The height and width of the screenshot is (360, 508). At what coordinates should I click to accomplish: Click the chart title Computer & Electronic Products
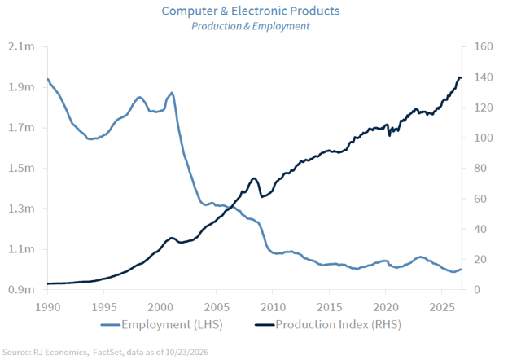coord(251,11)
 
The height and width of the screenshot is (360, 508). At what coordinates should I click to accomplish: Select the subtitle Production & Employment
coord(251,26)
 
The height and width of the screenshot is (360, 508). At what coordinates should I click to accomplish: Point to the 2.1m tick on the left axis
coord(21,46)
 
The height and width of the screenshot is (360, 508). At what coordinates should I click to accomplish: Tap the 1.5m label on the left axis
coord(21,168)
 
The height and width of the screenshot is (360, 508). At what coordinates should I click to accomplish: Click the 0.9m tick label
coord(21,289)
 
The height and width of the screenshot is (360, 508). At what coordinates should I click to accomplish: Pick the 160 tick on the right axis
coord(484,46)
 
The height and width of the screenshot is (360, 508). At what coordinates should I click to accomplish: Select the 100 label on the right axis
coord(484,138)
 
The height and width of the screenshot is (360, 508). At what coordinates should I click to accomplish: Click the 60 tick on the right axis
coord(480,199)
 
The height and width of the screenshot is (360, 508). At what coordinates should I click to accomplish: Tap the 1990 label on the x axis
coord(47,307)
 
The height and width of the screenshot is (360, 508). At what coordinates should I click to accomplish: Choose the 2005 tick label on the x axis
coord(217,307)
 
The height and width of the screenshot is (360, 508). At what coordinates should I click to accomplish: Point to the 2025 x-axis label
coord(442,307)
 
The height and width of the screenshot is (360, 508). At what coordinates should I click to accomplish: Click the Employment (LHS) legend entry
coord(162,325)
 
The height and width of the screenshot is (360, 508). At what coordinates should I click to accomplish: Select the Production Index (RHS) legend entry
coord(328,325)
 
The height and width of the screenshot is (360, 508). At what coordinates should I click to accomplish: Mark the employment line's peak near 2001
coord(172,93)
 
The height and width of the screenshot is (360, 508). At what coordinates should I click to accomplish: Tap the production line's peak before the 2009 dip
coord(254,178)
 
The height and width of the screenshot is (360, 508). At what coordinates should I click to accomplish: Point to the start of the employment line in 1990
coord(48,79)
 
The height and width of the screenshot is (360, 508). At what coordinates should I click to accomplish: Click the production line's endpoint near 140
coord(461,77)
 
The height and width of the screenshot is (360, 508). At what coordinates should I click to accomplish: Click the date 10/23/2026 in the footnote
coord(187,352)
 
